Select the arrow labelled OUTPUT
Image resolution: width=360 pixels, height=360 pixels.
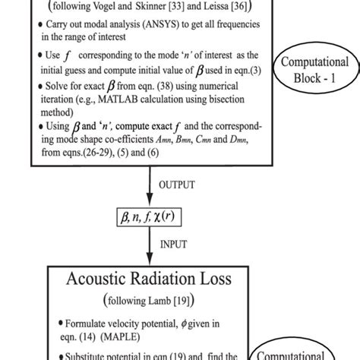(147, 185)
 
